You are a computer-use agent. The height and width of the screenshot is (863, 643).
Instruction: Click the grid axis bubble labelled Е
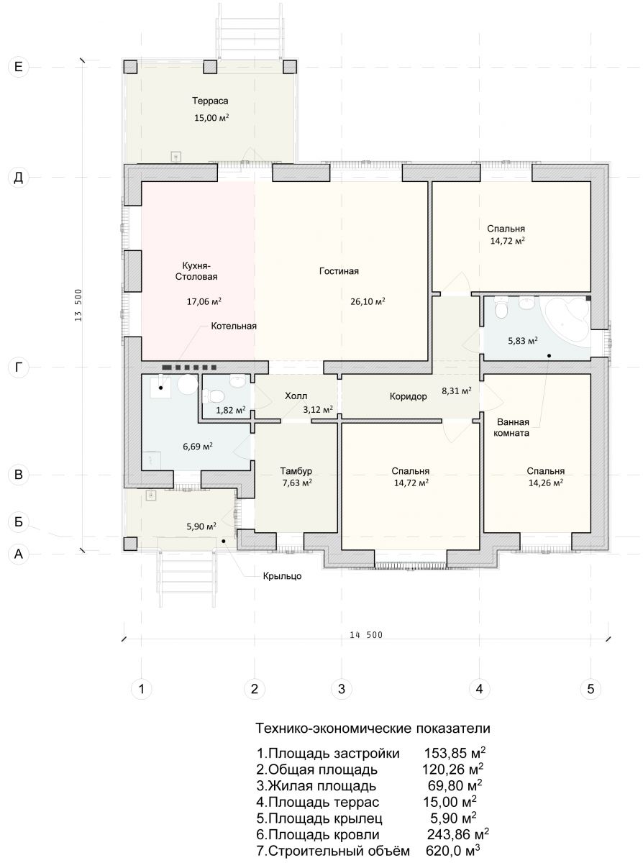tap(18, 67)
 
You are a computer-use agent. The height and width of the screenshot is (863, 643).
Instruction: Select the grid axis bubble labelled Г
tap(18, 367)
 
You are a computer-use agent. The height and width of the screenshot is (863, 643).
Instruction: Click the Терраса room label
tap(210, 101)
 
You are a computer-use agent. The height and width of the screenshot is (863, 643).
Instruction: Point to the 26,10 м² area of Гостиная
tap(368, 301)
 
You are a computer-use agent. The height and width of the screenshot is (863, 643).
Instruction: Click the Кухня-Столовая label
tap(196, 271)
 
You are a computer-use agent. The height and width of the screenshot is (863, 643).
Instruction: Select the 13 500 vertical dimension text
tap(78, 305)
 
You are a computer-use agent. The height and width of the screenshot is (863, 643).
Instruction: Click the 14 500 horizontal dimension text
tap(366, 635)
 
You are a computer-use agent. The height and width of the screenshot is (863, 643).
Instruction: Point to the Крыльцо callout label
tap(282, 576)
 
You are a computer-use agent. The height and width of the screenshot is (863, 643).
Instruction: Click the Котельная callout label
tap(234, 326)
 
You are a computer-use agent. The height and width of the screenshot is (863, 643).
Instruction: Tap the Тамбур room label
tap(296, 471)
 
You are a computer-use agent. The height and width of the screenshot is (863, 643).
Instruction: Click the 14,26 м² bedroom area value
tap(546, 483)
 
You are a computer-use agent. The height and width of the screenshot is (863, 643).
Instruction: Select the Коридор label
tap(409, 396)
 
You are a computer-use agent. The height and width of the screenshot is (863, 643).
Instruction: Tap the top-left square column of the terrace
tap(130, 67)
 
